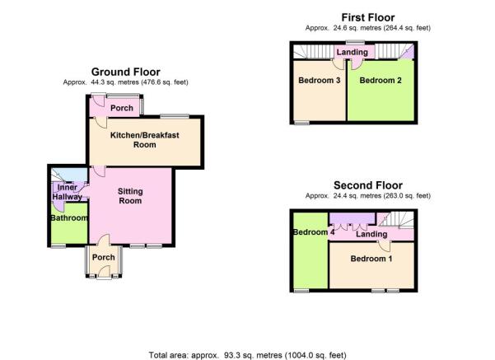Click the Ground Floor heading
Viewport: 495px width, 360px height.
(126, 72)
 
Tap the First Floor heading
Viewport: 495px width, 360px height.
(368, 17)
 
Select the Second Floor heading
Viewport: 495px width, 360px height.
(368, 185)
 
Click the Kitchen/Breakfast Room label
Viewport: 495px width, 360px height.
(145, 140)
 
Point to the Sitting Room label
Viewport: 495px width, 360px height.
(130, 196)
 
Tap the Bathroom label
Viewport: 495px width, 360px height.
(69, 217)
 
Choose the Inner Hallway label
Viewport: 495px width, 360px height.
(68, 192)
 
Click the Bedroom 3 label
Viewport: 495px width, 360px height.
(320, 80)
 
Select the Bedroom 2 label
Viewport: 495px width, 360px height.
(381, 80)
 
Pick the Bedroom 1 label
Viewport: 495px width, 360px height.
(371, 259)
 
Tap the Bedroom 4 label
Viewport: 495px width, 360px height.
(314, 232)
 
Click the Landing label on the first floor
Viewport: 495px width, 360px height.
(352, 52)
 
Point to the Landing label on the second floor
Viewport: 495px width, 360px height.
(371, 234)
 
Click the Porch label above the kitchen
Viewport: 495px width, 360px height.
(122, 108)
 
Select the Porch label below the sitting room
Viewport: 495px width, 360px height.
(104, 257)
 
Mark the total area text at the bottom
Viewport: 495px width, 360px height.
(247, 355)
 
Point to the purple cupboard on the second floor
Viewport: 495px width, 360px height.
(353, 217)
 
